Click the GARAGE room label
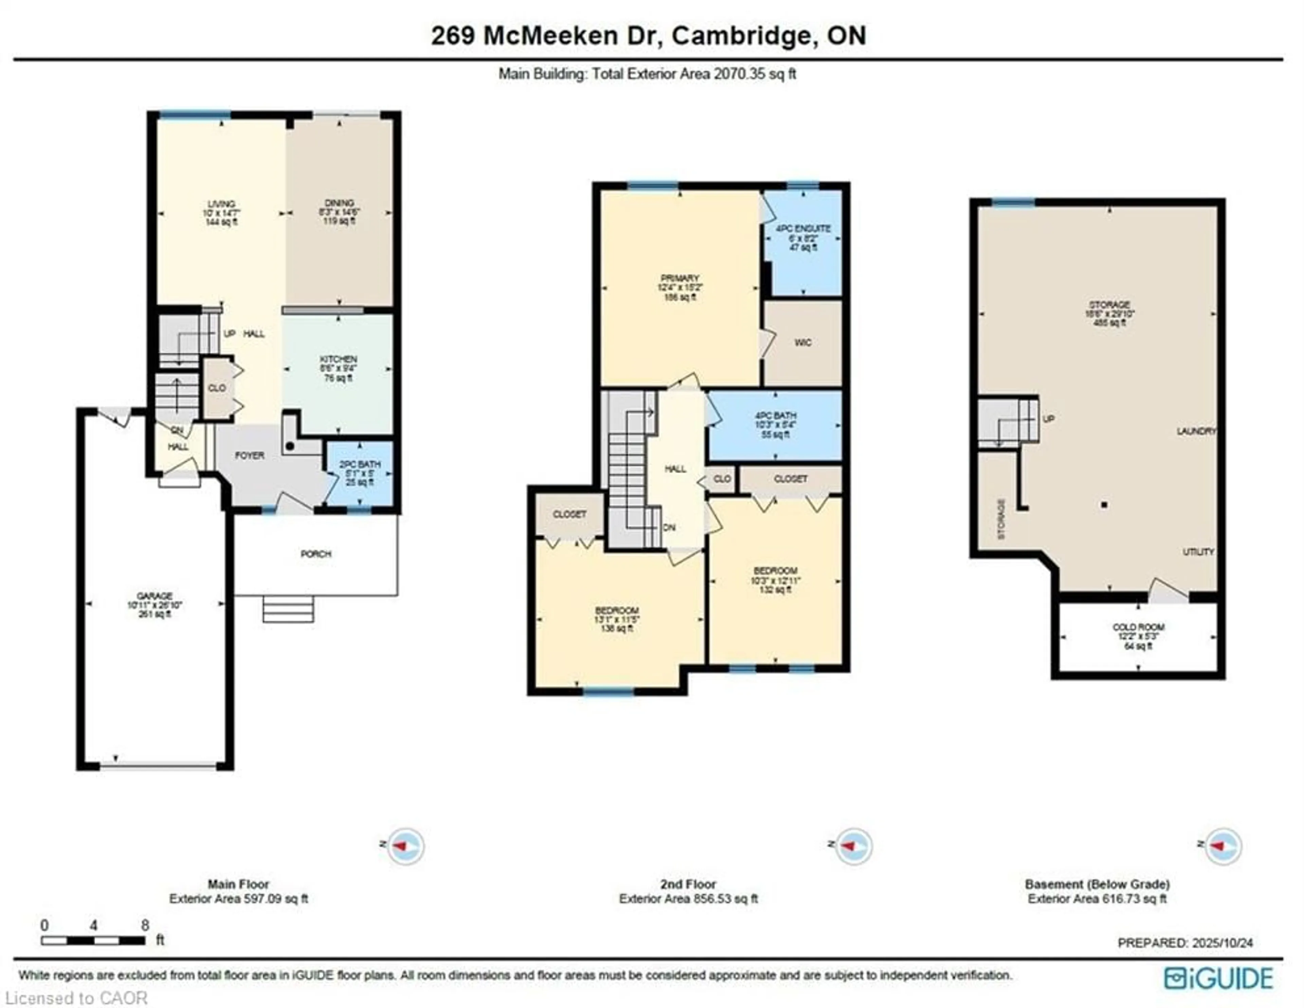tap(155, 596)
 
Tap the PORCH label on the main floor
tap(316, 554)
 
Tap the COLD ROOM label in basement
tap(1138, 627)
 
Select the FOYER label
tap(250, 455)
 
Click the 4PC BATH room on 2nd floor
tap(775, 425)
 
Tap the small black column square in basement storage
tap(1105, 505)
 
